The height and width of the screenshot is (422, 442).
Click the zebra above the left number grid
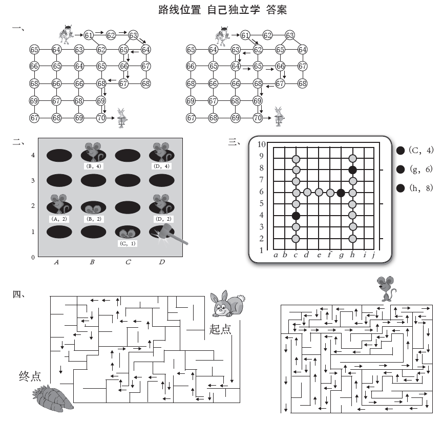(x=66, y=34)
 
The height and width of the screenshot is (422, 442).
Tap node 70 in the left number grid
(x=101, y=118)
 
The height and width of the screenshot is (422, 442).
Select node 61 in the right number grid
(x=245, y=35)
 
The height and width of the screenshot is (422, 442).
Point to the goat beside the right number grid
(x=278, y=117)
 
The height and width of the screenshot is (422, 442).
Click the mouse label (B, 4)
(x=93, y=166)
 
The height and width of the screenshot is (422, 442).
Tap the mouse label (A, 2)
(x=59, y=219)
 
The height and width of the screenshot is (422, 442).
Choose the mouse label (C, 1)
(x=126, y=243)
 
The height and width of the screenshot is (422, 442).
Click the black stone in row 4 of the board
(x=296, y=215)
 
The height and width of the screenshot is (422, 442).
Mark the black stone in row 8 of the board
(x=352, y=170)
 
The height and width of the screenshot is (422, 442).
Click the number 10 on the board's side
(x=261, y=144)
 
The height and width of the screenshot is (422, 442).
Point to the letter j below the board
(x=373, y=255)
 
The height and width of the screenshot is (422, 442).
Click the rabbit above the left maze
(x=227, y=304)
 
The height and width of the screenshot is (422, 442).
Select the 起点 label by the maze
(x=220, y=329)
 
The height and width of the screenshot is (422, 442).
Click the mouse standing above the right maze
(x=386, y=288)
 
